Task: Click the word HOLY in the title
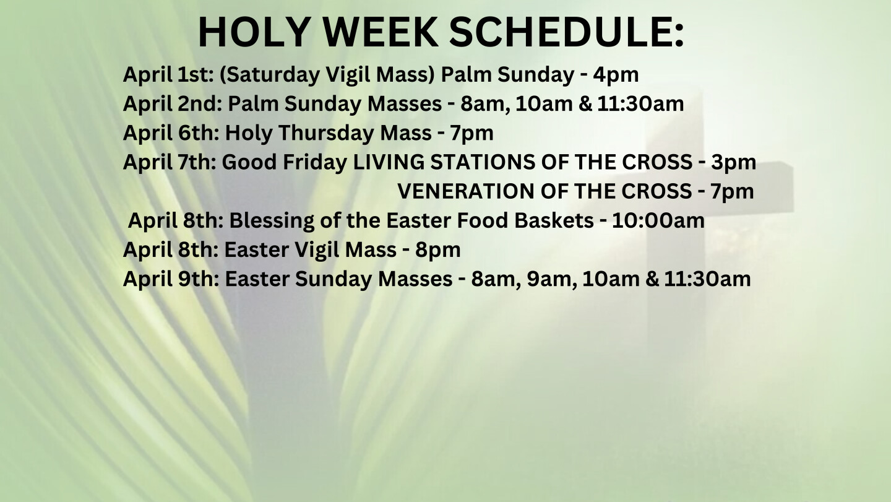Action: coord(254,32)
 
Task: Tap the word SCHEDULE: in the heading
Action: coord(566,32)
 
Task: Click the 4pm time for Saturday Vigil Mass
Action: coord(616,75)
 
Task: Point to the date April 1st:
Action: coord(169,75)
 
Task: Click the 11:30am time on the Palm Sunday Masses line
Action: coord(640,104)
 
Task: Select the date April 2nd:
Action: coord(173,104)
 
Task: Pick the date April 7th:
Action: coord(170,162)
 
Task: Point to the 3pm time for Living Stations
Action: coord(733,163)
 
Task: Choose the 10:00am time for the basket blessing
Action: coord(658,221)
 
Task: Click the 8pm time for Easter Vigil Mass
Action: coord(438,250)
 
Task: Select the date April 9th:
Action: coord(171,279)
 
